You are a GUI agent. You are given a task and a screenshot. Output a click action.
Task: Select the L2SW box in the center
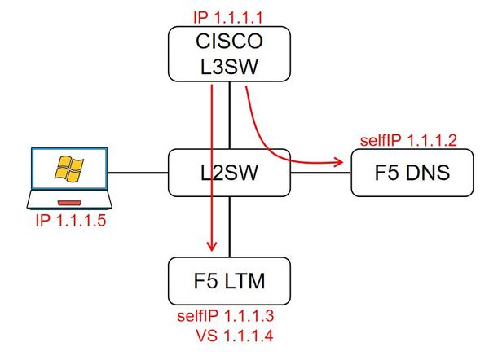click(229, 173)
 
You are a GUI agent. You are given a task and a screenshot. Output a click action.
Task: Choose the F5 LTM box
click(229, 281)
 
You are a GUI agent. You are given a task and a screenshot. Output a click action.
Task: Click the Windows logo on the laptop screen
click(68, 169)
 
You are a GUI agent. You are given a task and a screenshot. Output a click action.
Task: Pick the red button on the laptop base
click(68, 201)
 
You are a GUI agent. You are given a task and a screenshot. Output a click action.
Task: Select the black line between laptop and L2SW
click(138, 173)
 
